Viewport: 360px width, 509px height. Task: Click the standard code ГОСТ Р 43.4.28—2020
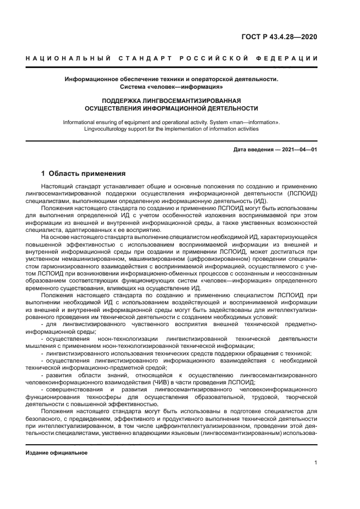[279, 37]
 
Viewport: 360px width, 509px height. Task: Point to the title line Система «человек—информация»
[172, 87]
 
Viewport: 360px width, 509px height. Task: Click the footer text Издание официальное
[57, 453]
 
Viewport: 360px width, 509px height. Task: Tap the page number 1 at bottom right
[316, 463]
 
